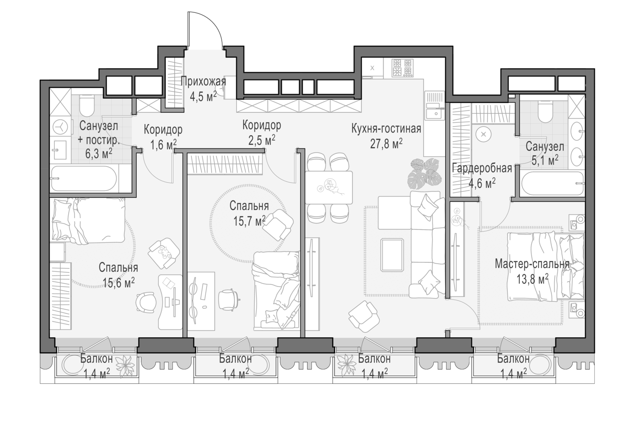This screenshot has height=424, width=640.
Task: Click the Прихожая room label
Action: [203, 82]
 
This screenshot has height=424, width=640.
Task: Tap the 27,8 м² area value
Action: [386, 144]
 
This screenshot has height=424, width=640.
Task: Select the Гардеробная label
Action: [482, 169]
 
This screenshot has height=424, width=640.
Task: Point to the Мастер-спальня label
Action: [532, 264]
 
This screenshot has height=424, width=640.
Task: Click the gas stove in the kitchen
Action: [403, 68]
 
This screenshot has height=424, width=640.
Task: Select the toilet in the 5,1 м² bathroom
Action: [547, 112]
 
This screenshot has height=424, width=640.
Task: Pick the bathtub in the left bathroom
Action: [84, 179]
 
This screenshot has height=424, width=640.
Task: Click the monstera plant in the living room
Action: [425, 174]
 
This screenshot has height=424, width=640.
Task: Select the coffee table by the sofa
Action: [392, 255]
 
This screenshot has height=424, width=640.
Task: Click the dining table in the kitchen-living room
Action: [329, 187]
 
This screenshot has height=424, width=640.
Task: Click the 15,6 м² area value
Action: [118, 283]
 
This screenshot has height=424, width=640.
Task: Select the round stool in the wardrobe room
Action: [484, 134]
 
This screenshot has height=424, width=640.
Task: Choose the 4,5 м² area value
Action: [203, 97]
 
